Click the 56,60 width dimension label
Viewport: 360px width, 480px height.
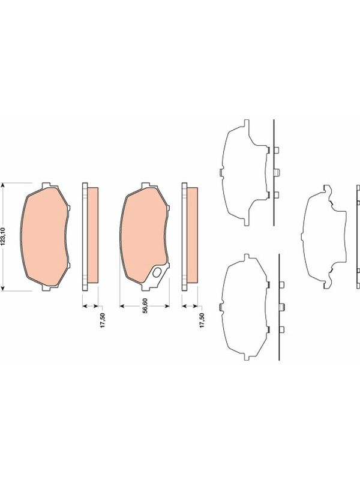(x=145, y=305)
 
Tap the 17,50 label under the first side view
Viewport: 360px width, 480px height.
(x=103, y=320)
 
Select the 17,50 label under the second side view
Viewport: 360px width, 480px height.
(x=202, y=320)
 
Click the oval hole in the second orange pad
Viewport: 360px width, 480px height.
(x=157, y=272)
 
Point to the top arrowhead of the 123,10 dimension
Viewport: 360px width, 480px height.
(x=3, y=185)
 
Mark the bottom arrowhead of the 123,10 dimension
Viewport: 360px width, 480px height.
(x=3, y=289)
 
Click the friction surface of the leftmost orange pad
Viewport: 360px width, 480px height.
(x=44, y=237)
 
